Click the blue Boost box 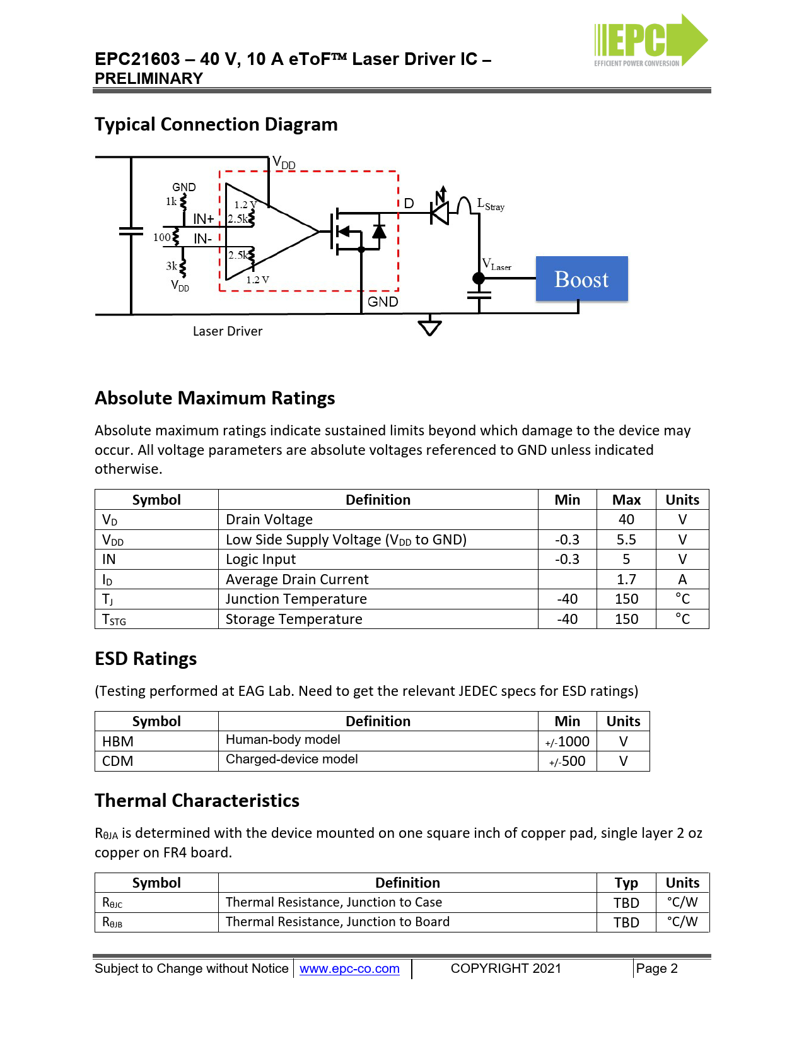pos(581,278)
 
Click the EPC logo pos(650,40)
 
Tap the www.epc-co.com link pos(349,968)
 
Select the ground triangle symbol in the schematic pos(429,327)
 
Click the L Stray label pos(491,204)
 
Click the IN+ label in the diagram pos(203,219)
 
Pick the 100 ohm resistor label pos(161,237)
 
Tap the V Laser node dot pos(479,278)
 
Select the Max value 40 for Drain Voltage pos(626,519)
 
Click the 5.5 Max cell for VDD pos(626,539)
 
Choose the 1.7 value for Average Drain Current pos(626,579)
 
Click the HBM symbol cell pos(118,741)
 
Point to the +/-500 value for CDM pos(568,762)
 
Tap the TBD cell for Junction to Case pos(626,903)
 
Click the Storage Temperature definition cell pos(294,619)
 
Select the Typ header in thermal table pos(626,883)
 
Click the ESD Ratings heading pos(146,659)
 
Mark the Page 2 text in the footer pos(656,968)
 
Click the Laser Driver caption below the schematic pos(228,331)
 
